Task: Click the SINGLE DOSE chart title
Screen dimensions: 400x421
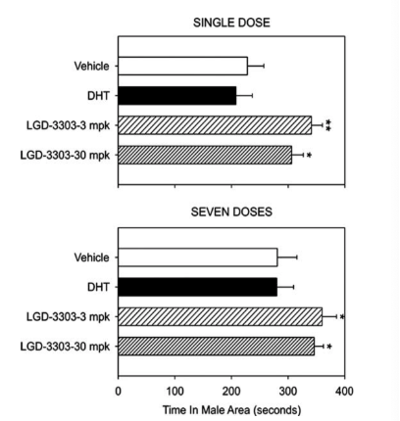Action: click(231, 23)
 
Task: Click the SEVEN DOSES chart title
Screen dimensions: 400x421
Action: click(231, 211)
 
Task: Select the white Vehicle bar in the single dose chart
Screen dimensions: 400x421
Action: click(183, 66)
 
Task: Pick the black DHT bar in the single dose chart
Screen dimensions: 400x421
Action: click(177, 96)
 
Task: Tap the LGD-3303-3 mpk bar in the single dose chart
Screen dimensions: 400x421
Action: click(215, 125)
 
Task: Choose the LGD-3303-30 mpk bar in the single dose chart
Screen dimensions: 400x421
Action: click(205, 155)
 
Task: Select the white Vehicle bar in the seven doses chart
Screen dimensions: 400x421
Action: click(198, 257)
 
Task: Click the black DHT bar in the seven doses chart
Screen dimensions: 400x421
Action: click(198, 287)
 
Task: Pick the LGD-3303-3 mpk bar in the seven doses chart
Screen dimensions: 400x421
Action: click(220, 316)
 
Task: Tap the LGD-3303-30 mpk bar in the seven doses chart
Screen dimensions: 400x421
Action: click(216, 347)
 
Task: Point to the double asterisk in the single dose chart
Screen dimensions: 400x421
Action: click(328, 125)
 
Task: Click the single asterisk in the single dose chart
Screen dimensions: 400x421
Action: click(309, 156)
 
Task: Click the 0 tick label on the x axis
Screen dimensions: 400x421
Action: click(119, 391)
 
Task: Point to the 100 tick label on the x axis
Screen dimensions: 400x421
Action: click(175, 391)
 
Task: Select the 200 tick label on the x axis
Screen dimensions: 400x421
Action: click(231, 391)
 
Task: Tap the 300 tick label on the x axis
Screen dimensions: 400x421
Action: click(288, 391)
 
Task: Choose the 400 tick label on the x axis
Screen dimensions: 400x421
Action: click(344, 391)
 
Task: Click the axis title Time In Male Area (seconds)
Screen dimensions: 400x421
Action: click(231, 410)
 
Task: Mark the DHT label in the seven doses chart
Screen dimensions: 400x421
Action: click(98, 287)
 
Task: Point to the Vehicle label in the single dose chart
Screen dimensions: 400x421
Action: click(91, 67)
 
